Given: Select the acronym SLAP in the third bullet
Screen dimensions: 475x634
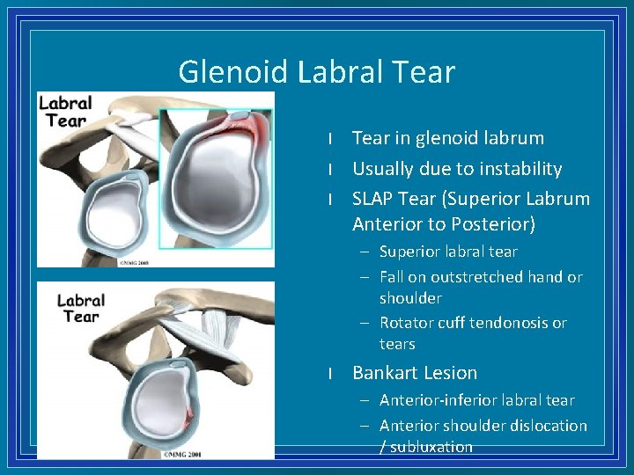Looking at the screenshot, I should pyautogui.click(x=375, y=198).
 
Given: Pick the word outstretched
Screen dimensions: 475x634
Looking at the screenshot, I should pyautogui.click(x=461, y=276).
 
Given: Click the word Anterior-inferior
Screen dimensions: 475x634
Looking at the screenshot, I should pyautogui.click(x=436, y=400).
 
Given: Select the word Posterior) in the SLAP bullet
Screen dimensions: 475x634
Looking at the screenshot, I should pyautogui.click(x=493, y=224).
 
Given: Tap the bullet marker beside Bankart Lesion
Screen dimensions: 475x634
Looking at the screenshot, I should pyautogui.click(x=328, y=373).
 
